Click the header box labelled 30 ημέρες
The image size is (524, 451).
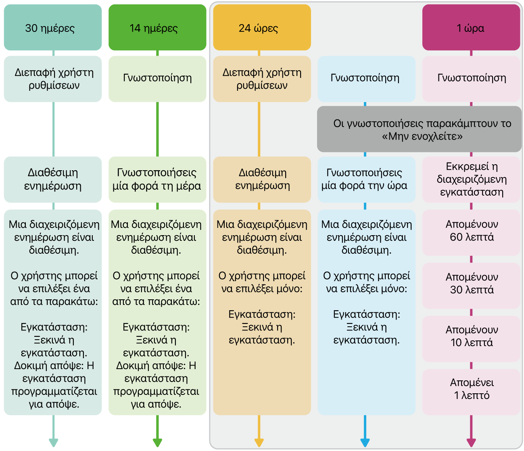(x=53, y=27)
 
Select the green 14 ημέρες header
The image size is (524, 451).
(x=157, y=27)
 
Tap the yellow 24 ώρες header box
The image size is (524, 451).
(x=262, y=27)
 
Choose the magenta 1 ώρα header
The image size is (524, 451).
(x=471, y=27)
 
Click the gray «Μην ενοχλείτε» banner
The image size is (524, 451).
(x=419, y=129)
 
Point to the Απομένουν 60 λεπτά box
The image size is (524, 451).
(x=471, y=232)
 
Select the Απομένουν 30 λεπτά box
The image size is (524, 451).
(x=471, y=286)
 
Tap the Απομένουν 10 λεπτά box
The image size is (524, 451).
(x=471, y=339)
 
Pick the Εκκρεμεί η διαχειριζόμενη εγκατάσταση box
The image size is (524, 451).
(x=471, y=180)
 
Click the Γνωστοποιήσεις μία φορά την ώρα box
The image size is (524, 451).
(x=366, y=180)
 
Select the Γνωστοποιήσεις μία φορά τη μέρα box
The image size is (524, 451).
(x=157, y=180)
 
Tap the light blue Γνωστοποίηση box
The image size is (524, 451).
(x=366, y=79)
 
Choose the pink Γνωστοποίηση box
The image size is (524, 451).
(x=471, y=79)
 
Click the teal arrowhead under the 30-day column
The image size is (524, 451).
(x=54, y=443)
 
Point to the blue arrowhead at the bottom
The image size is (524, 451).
(x=365, y=443)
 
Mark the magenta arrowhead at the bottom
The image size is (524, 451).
(x=471, y=443)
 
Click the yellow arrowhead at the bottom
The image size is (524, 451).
(x=259, y=443)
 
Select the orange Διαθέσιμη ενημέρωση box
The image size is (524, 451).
(x=262, y=180)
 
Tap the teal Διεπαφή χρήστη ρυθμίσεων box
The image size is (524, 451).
(x=53, y=79)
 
